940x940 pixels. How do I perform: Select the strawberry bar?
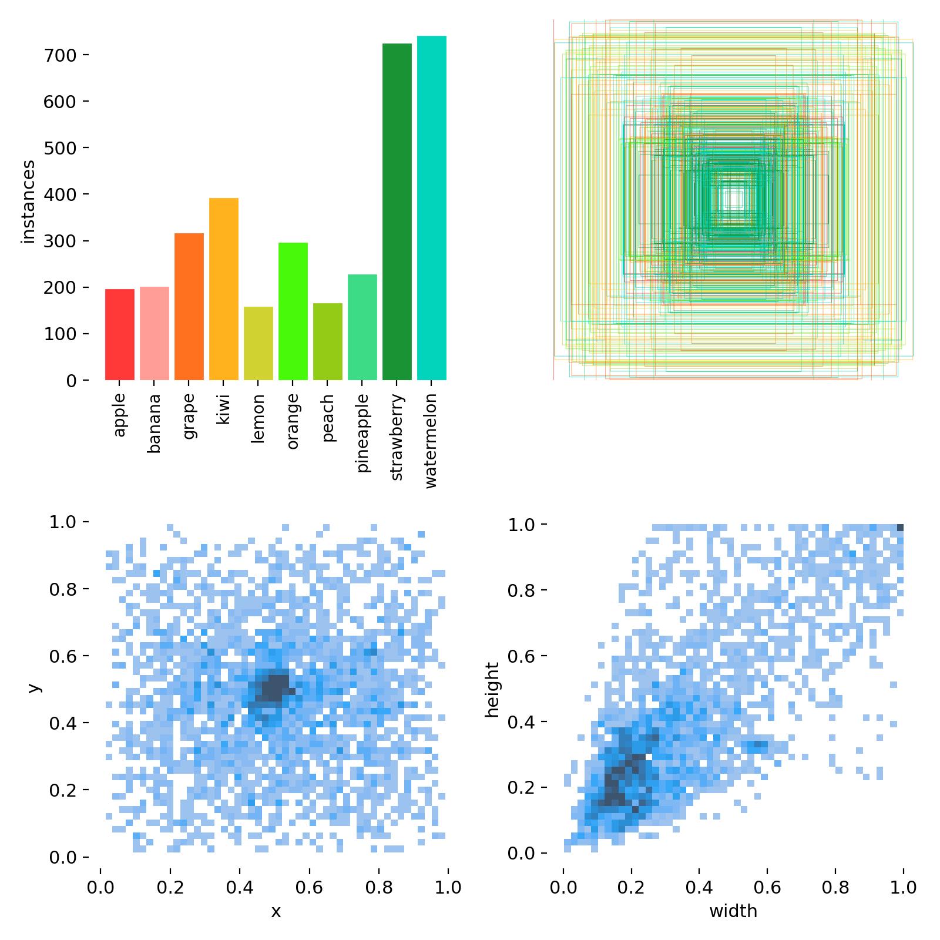tap(397, 211)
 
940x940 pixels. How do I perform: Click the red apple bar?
tap(120, 334)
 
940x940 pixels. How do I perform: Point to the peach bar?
tap(328, 341)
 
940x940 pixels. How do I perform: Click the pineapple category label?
tap(362, 433)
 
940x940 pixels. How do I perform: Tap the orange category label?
tap(293, 421)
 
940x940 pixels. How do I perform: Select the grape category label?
tap(189, 417)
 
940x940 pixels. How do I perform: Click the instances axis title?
tap(28, 202)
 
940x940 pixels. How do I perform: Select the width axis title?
tap(733, 911)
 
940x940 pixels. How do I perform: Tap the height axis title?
tap(492, 690)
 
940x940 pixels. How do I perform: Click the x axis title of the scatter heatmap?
tap(276, 911)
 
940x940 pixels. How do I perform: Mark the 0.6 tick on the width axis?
tap(767, 887)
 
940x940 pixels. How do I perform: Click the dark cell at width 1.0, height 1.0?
tap(900, 528)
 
